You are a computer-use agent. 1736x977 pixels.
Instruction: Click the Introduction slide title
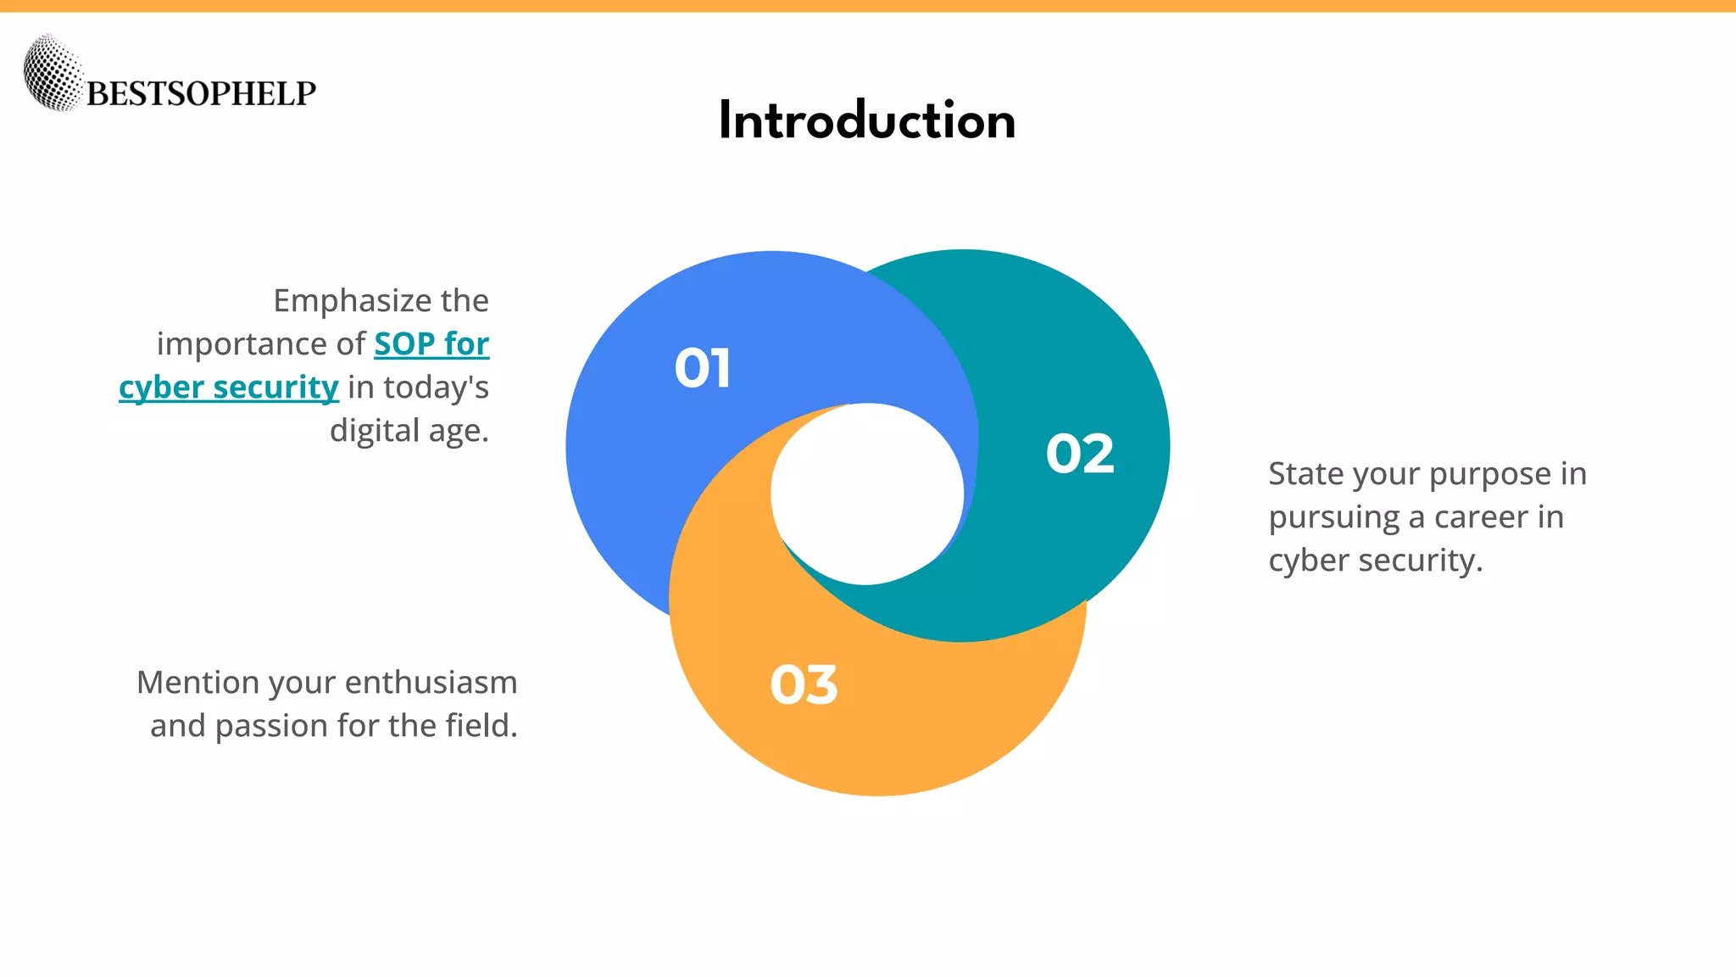click(x=866, y=120)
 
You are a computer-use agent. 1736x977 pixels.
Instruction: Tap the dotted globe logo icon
click(x=53, y=73)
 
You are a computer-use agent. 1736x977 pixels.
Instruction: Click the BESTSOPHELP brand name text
click(x=201, y=93)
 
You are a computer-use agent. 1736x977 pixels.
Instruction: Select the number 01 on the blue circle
click(x=702, y=369)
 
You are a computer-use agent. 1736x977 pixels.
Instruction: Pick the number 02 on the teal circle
click(x=1079, y=454)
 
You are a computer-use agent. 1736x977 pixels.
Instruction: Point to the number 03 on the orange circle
click(x=804, y=685)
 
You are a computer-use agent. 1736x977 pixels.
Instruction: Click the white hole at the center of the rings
click(x=866, y=494)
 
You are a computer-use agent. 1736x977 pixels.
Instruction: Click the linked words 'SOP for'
click(x=431, y=344)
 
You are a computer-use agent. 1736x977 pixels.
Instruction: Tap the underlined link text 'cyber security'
click(x=229, y=388)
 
